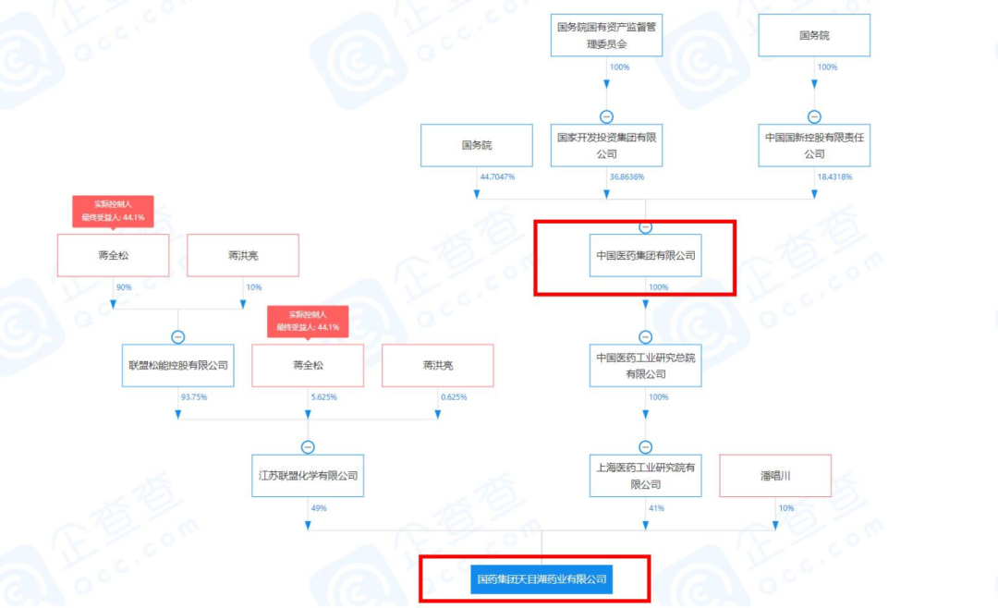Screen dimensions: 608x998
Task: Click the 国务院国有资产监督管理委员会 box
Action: tap(606, 35)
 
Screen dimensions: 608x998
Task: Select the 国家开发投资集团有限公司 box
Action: tap(606, 145)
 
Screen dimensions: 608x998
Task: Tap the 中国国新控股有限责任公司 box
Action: tap(814, 145)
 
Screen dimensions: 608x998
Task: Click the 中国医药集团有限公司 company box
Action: tap(646, 255)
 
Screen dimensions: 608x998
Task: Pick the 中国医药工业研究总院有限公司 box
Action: tap(646, 365)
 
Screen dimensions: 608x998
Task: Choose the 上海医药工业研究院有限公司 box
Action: tap(646, 475)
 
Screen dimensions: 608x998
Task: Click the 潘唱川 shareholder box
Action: tap(775, 475)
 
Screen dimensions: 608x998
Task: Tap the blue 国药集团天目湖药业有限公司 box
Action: tap(542, 579)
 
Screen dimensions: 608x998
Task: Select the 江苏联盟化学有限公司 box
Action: tap(308, 475)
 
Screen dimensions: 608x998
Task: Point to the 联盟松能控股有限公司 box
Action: tap(178, 365)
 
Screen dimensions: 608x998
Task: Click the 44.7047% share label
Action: tap(496, 176)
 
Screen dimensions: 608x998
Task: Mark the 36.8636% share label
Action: tap(627, 176)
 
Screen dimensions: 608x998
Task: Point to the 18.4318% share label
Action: tap(834, 176)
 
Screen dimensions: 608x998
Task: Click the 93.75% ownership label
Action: tap(193, 396)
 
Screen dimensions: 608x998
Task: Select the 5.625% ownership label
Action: tap(323, 396)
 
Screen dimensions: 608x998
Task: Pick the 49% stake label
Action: tap(319, 507)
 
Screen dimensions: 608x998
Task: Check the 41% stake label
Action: tap(657, 507)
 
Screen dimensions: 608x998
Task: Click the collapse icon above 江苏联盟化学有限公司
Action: tap(308, 447)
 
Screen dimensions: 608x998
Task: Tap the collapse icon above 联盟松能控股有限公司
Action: tap(178, 337)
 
